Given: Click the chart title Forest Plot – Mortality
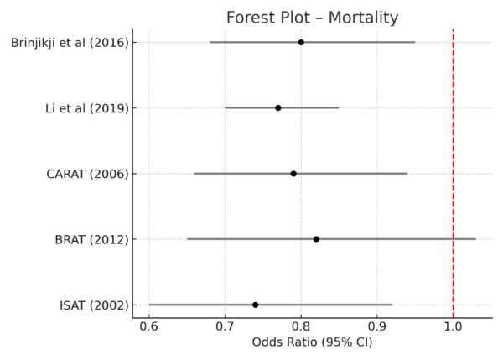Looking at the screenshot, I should (x=312, y=18).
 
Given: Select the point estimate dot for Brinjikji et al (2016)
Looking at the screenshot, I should (x=301, y=42).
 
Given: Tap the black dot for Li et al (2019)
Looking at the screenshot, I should (x=278, y=107).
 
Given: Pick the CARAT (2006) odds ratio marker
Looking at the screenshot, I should (x=293, y=174).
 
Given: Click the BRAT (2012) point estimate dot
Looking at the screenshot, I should (x=316, y=239).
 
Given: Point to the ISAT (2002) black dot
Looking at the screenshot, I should (x=255, y=305).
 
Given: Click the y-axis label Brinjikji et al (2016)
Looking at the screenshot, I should (x=70, y=42).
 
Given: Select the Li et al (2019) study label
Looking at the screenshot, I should (x=87, y=108).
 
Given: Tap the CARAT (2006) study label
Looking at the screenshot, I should (x=87, y=174).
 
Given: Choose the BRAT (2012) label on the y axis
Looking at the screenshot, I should (x=90, y=240).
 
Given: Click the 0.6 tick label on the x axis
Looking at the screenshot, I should (x=148, y=325).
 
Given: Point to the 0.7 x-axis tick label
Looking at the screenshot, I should (x=225, y=325).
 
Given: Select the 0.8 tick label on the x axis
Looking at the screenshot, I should (x=301, y=325).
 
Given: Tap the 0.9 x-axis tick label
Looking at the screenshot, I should (x=377, y=325).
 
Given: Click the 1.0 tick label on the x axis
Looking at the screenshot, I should (x=454, y=325).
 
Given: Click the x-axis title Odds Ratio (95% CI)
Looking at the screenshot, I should (x=312, y=342).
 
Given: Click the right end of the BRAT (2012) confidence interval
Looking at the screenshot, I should (x=475, y=239).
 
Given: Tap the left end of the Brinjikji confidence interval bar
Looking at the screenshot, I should (x=210, y=42).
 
